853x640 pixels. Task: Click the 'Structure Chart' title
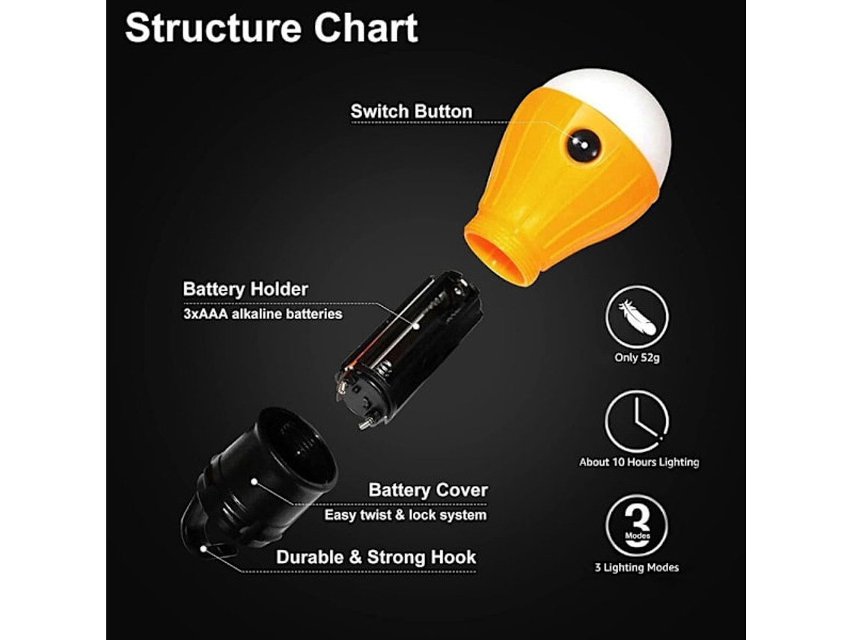272,28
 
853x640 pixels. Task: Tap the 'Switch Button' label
412,112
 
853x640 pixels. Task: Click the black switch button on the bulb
583,145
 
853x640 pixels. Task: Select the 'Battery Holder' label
245,289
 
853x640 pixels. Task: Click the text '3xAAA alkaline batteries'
263,314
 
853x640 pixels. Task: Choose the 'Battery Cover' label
427,490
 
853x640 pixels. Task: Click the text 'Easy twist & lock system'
406,515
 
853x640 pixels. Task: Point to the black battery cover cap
258,479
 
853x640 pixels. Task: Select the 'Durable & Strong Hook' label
376,557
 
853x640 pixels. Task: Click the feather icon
637,317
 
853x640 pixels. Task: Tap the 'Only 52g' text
637,358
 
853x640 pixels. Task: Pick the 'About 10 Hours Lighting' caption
639,462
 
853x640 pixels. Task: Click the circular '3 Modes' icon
637,525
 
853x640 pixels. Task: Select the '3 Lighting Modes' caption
637,567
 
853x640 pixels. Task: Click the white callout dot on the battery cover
254,481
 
